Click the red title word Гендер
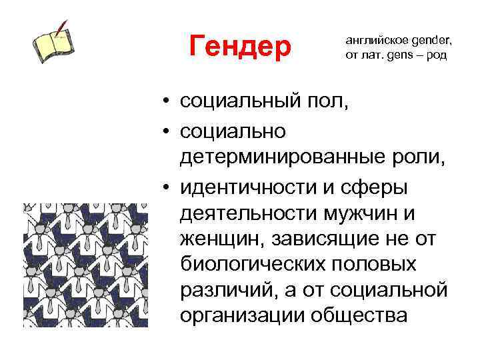pyautogui.click(x=241, y=46)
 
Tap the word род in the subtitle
pyautogui.click(x=435, y=55)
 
